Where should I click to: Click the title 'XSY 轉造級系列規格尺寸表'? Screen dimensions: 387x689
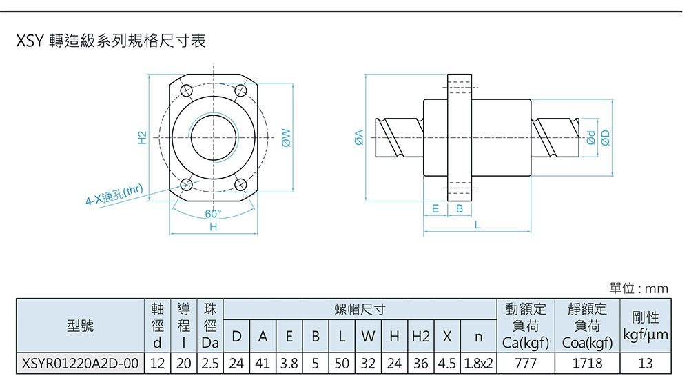pos(110,42)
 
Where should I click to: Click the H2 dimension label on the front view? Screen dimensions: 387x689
pos(142,137)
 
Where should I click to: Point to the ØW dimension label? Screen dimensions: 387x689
pos(285,137)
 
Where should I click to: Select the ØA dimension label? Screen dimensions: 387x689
pos(359,137)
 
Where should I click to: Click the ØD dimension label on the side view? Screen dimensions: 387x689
pos(606,137)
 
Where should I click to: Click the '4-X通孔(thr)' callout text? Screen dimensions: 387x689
pos(114,197)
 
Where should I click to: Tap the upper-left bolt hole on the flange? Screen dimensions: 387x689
pos(186,91)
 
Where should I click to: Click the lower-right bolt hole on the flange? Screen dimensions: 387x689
pos(240,183)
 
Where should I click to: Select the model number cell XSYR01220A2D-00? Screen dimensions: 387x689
pos(81,363)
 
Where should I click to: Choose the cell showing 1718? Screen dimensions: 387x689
pos(587,363)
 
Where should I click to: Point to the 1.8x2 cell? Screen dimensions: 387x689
pos(478,363)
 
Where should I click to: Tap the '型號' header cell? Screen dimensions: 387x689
pos(81,326)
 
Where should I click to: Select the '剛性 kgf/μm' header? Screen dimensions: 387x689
pos(645,326)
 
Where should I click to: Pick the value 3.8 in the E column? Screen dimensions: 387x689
pos(289,363)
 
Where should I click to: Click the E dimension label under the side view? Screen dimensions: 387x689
pos(435,208)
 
